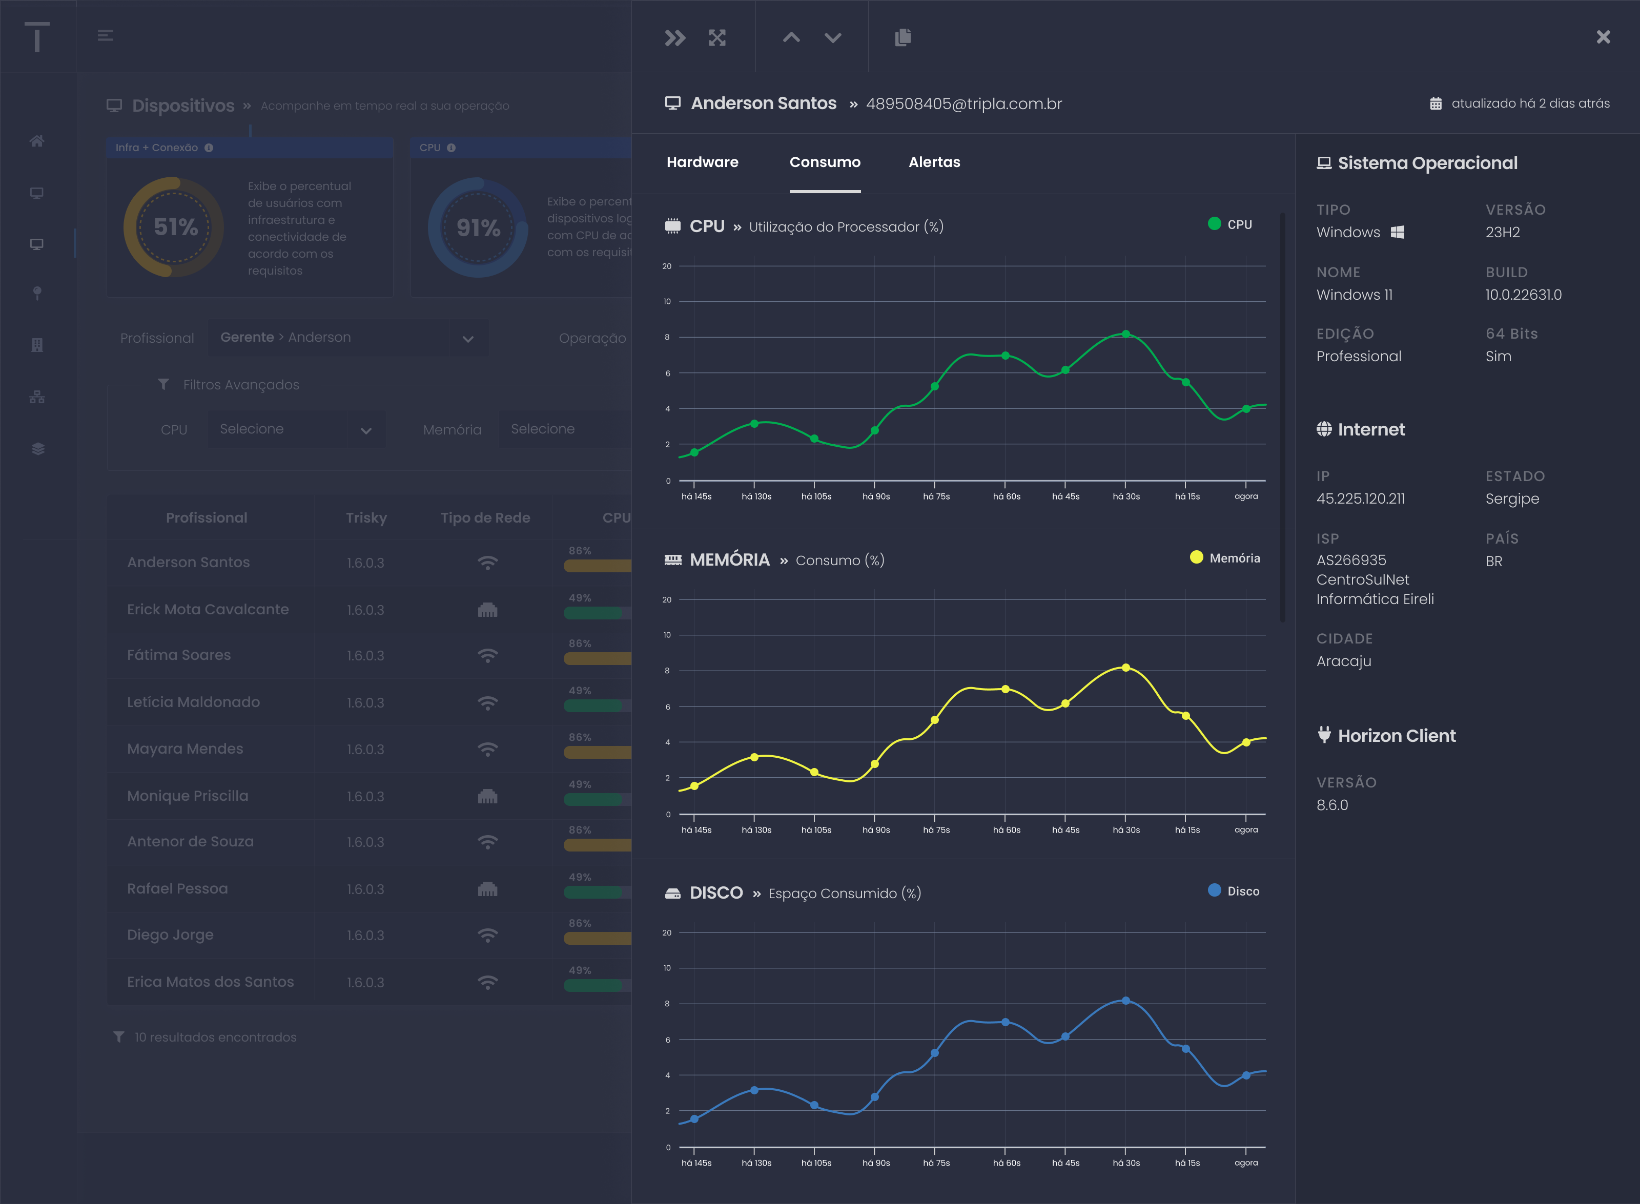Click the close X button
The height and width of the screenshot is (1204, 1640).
pyautogui.click(x=1603, y=37)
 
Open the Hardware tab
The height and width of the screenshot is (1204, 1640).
pyautogui.click(x=702, y=162)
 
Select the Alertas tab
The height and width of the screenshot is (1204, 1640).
pyautogui.click(x=934, y=162)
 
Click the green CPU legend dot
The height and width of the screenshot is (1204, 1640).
pyautogui.click(x=1214, y=224)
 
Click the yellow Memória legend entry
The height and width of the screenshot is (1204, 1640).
pyautogui.click(x=1224, y=557)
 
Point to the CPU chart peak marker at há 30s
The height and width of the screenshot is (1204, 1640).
pyautogui.click(x=1125, y=334)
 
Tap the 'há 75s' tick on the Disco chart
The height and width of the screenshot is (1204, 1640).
pyautogui.click(x=936, y=1163)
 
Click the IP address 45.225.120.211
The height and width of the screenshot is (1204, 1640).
pyautogui.click(x=1360, y=499)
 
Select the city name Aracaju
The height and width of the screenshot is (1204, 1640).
pyautogui.click(x=1343, y=661)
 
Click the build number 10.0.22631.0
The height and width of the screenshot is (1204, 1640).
pyautogui.click(x=1523, y=295)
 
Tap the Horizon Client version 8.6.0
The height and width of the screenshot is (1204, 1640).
pyautogui.click(x=1331, y=804)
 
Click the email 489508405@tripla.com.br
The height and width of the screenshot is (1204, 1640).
pyautogui.click(x=963, y=103)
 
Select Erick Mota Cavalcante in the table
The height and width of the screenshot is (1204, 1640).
pyautogui.click(x=208, y=609)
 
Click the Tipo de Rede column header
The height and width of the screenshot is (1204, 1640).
pyautogui.click(x=485, y=517)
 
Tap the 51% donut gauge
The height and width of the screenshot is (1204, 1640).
pyautogui.click(x=174, y=226)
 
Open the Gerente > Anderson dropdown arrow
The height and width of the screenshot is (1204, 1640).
pyautogui.click(x=468, y=338)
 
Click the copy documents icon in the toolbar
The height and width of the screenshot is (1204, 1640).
pyautogui.click(x=903, y=37)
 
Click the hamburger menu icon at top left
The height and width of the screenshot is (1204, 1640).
pyautogui.click(x=105, y=35)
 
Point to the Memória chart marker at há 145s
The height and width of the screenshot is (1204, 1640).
pyautogui.click(x=694, y=785)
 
